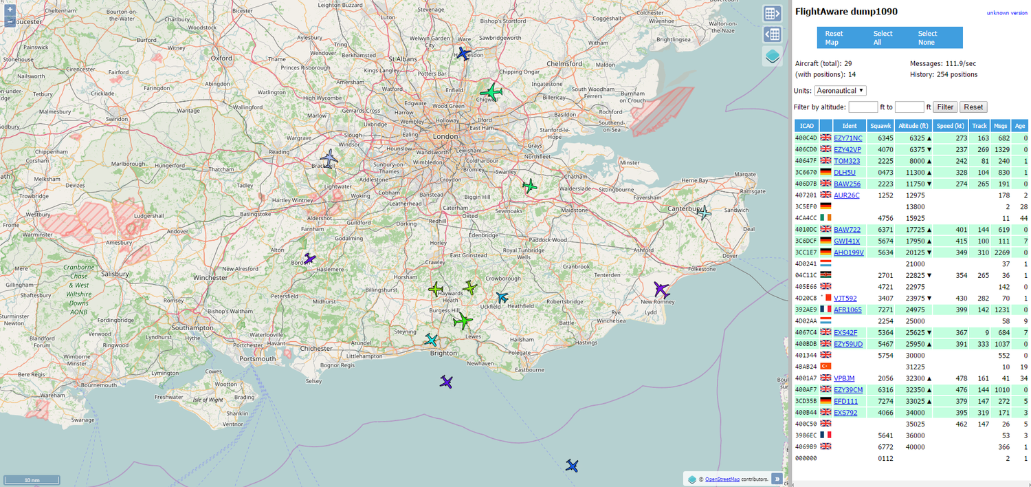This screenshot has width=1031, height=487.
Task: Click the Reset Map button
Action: tap(834, 38)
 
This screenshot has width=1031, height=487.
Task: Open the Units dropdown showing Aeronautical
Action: tap(840, 91)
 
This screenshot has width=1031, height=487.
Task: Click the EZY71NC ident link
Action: tap(847, 138)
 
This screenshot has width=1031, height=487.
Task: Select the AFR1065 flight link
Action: tap(847, 310)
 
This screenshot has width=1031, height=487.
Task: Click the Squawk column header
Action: tap(880, 126)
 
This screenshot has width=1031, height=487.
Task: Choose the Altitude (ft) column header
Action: tap(913, 126)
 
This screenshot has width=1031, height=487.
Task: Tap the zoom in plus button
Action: tap(10, 10)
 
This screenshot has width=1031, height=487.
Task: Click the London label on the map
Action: tap(445, 136)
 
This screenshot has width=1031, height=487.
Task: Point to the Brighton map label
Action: tap(443, 353)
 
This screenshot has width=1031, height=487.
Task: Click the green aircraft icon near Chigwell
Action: tap(491, 91)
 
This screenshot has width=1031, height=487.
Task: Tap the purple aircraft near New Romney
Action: tap(661, 289)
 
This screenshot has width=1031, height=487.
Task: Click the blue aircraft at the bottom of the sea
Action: tap(572, 466)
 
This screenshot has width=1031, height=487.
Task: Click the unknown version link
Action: tap(1007, 13)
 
